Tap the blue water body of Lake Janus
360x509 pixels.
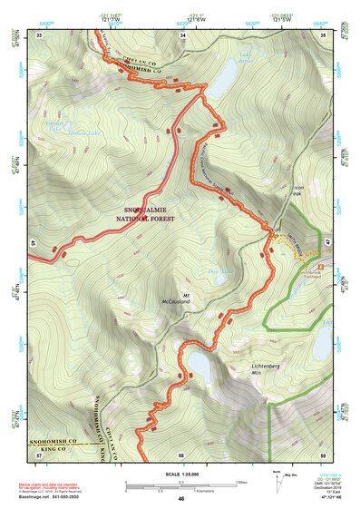220,83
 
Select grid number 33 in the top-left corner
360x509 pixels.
39,34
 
